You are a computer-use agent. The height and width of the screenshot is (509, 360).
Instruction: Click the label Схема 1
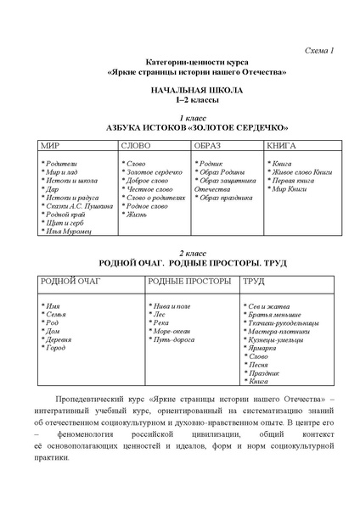(x=318, y=51)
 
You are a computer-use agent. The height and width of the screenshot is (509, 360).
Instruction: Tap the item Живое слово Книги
(x=300, y=172)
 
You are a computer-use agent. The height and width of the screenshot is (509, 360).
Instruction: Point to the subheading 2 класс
(x=179, y=254)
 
